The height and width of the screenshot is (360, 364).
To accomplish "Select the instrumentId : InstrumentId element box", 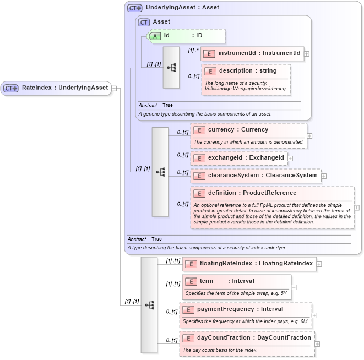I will pos(252,53).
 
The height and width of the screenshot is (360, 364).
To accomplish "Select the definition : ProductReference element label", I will pos(252,193).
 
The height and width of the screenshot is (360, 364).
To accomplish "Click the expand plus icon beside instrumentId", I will pos(307,54).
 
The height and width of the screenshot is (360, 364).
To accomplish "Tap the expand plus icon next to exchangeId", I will pos(290,159).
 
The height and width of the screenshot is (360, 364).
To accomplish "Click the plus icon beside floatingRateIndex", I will pos(319,264).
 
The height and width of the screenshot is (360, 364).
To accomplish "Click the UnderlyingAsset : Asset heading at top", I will pos(182,8).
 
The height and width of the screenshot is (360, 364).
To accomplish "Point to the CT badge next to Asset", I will pos(144,22).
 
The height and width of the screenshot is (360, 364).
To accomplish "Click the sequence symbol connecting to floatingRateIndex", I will pos(149,304).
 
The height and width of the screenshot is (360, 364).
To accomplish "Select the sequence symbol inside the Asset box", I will pos(171,67).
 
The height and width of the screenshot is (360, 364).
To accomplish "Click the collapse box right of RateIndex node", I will pos(114,88).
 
